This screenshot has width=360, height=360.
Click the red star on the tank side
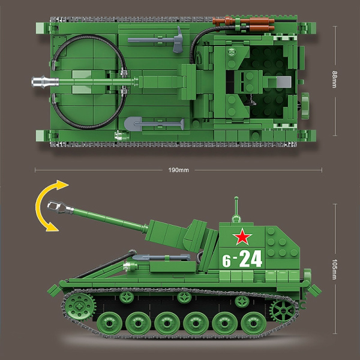(x=242, y=238)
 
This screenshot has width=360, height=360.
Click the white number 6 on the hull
(x=226, y=260)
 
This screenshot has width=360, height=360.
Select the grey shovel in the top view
(x=152, y=125)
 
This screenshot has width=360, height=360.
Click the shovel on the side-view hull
(x=153, y=257)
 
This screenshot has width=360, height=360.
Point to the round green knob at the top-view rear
(x=305, y=103)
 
